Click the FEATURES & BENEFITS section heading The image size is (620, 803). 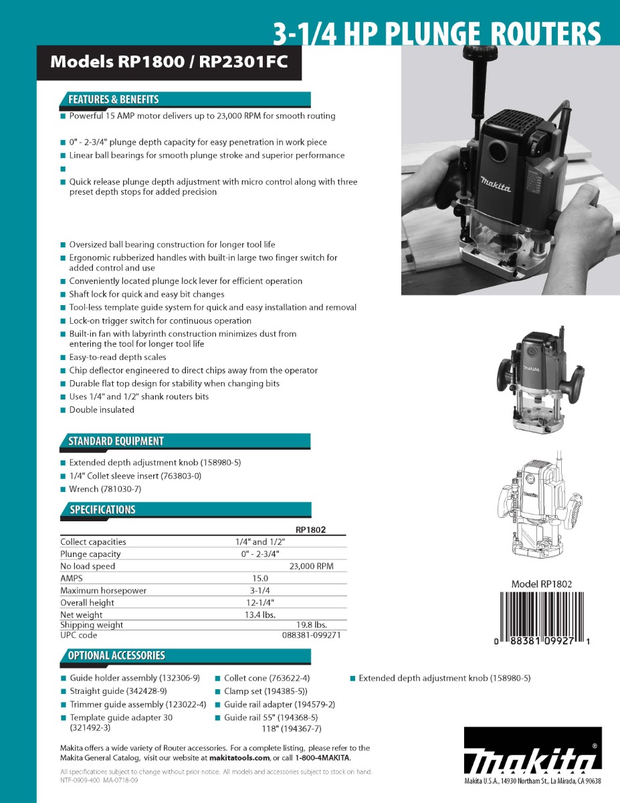(x=114, y=100)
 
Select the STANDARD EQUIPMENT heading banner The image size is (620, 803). (x=116, y=441)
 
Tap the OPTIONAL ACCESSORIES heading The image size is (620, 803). (x=116, y=656)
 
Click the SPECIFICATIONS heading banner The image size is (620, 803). (x=102, y=510)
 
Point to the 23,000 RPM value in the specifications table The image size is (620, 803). (x=311, y=566)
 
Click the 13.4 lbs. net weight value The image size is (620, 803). (x=260, y=615)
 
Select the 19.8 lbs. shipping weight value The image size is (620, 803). (x=311, y=625)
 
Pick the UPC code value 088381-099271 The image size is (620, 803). (x=311, y=635)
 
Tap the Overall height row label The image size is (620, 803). (x=87, y=603)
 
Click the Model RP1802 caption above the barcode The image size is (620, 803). (x=542, y=584)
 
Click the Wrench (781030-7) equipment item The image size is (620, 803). (x=105, y=489)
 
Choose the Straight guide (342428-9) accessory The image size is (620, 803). (x=118, y=691)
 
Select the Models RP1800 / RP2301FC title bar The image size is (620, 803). (x=169, y=63)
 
